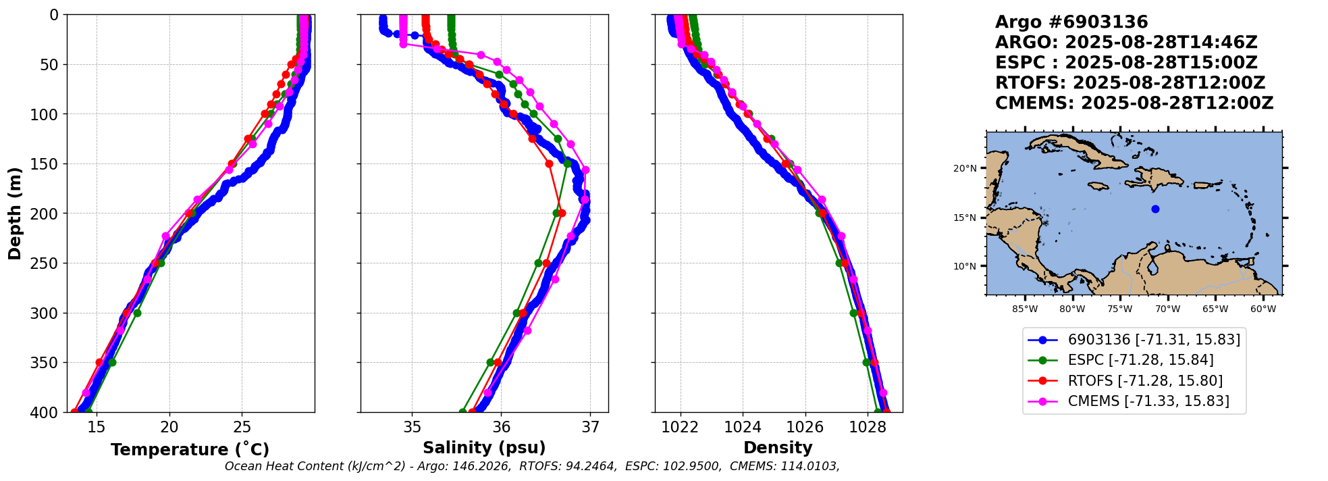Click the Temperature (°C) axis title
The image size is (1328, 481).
tap(190, 450)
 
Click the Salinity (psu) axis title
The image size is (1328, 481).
tap(484, 448)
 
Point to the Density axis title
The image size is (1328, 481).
tap(778, 448)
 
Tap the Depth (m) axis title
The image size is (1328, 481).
tap(15, 213)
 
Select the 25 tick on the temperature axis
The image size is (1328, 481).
tap(242, 427)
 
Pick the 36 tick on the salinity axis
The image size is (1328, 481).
tap(501, 427)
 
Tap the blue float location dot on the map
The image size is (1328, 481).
tap(1155, 209)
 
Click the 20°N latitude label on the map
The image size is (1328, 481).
tap(965, 168)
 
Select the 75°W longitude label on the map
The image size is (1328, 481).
tap(1119, 309)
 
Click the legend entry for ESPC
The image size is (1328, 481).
tap(1140, 360)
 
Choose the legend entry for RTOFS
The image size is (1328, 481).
tap(1145, 381)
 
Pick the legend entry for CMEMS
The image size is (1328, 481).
tap(1148, 401)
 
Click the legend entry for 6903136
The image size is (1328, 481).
tap(1154, 340)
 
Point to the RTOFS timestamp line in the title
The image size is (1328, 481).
tap(1130, 83)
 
